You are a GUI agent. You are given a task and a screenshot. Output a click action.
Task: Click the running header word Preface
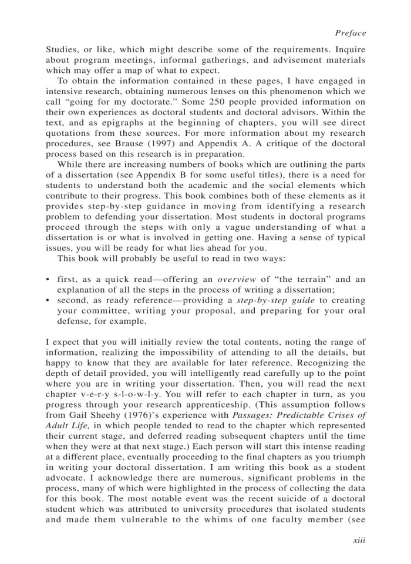tap(350, 33)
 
